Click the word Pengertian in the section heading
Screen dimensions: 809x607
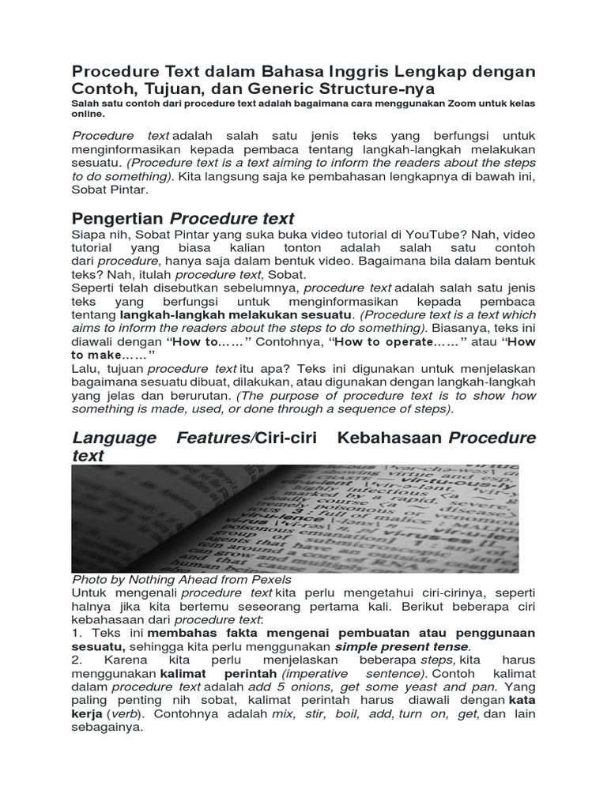117,219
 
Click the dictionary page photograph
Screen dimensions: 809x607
295,518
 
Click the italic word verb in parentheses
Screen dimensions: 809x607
126,713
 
